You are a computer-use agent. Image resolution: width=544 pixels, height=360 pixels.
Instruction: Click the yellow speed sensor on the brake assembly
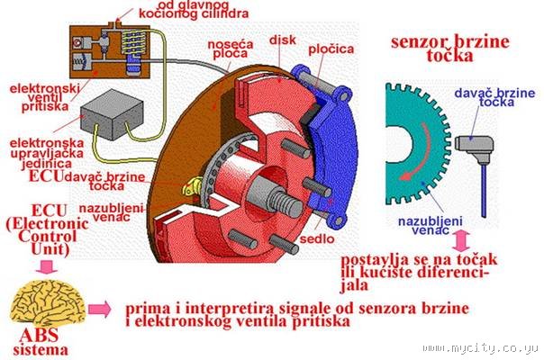pos(188,187)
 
